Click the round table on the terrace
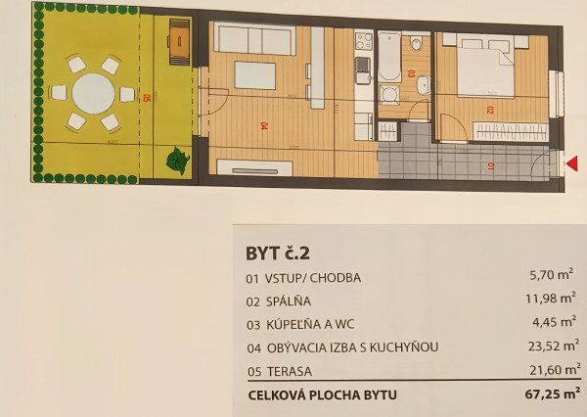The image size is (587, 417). click(x=94, y=94)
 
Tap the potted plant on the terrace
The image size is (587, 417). click(x=177, y=161)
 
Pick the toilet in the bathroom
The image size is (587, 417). click(x=417, y=43)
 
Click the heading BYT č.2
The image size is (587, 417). click(x=278, y=253)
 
